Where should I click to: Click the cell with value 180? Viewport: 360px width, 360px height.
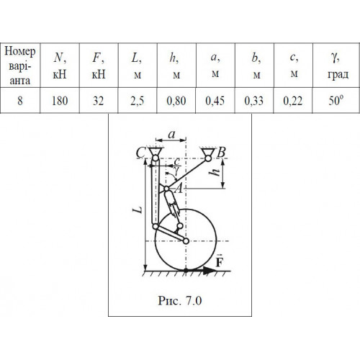pos(60,101)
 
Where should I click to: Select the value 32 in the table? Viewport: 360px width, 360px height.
pos(99,101)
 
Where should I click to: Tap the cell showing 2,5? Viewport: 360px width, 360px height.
pos(138,101)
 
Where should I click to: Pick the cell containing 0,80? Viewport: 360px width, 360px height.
pos(176,101)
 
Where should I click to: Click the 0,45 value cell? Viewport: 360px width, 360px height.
pos(215,101)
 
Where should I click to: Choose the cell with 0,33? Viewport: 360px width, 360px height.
pos(254,101)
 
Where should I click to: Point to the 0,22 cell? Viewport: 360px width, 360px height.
pos(293,101)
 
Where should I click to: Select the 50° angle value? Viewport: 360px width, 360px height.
pos(336,100)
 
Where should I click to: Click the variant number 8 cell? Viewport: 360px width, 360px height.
pos(20,101)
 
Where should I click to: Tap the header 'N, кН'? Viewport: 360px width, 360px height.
pos(60,66)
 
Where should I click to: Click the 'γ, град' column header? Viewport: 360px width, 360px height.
pos(338,66)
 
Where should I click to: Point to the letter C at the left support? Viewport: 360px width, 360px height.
pos(140,153)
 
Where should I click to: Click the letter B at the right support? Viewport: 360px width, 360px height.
pos(221,153)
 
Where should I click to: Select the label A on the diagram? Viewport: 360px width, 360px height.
pos(179,189)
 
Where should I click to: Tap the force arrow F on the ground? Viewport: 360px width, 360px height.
pos(201,271)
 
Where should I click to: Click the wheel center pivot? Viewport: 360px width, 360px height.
pos(186,240)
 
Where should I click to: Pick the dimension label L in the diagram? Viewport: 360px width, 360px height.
pos(138,210)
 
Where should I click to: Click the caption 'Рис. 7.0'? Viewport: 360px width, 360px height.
pos(180,300)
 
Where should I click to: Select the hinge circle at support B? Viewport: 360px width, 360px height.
pos(208,158)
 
